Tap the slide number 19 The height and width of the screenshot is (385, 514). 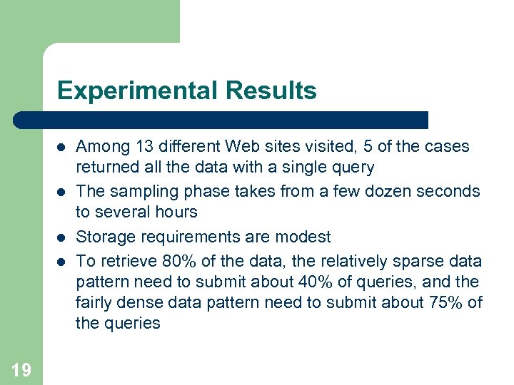click(x=21, y=369)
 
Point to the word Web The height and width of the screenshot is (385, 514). click(x=239, y=147)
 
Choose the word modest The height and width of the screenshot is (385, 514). click(x=306, y=237)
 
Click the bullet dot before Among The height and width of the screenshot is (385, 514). click(x=62, y=148)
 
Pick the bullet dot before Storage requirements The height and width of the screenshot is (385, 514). click(x=62, y=237)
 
